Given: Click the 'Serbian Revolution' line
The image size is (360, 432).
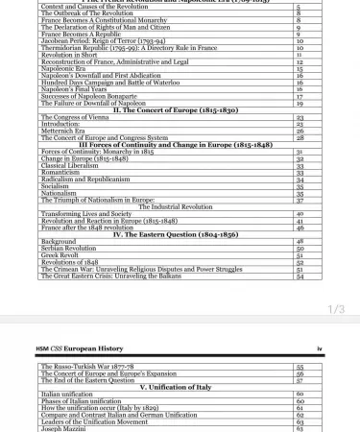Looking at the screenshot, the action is (x=69, y=248).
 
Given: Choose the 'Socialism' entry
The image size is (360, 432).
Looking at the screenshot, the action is (x=55, y=185).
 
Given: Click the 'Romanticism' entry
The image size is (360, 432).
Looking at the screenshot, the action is (x=60, y=172).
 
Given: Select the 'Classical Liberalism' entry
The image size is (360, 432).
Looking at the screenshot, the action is (x=70, y=165).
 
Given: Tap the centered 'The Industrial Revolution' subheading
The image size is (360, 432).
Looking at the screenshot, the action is (x=175, y=206).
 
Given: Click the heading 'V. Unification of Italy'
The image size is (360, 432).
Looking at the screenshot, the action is (x=175, y=386).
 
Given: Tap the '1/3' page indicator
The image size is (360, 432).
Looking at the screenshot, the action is (x=336, y=308).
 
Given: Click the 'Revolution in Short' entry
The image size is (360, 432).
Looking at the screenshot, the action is (x=69, y=54).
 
